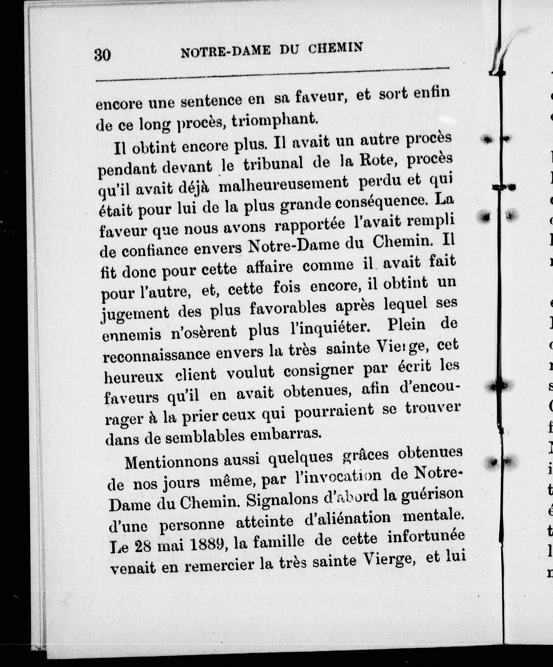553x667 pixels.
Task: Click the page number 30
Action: (x=102, y=55)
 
